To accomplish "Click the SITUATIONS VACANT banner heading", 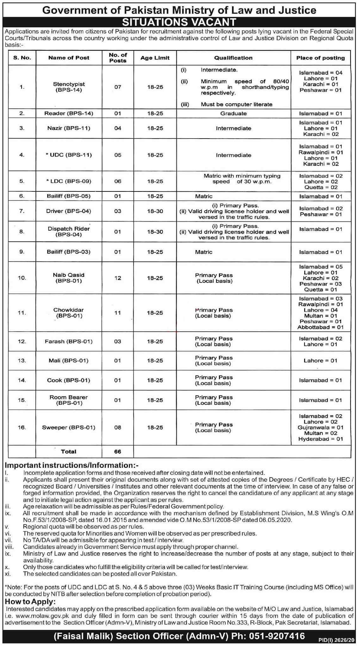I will coord(179,22).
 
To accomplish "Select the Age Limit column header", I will coord(155,58).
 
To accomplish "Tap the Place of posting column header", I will coord(320,58).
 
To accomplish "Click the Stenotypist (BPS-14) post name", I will coord(69,87).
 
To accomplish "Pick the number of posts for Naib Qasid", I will coord(118,278).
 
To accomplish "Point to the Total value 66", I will coord(118,452).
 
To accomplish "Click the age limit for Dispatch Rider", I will coord(155,232).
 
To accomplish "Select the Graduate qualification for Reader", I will coord(233,113).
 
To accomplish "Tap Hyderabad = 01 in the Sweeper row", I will coord(320,439).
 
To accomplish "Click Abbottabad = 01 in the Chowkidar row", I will coord(320,327).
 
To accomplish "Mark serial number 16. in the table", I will coord(22,427).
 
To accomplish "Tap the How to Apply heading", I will coord(30,601).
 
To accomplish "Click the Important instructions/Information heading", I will coord(72,465).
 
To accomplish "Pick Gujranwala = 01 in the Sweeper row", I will coord(320,427).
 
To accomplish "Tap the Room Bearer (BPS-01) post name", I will coord(69,400).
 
